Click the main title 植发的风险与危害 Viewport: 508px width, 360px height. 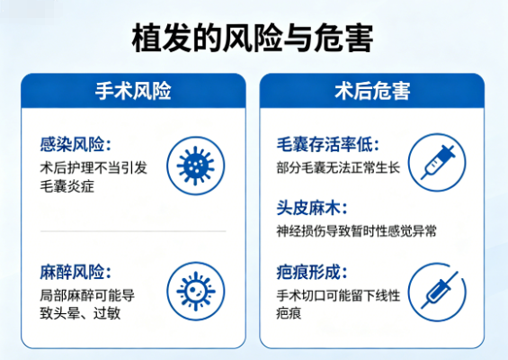pos(253,39)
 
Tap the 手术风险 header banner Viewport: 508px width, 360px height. pos(133,92)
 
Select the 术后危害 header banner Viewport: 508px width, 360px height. pos(372,92)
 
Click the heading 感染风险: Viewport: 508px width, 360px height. pos(76,144)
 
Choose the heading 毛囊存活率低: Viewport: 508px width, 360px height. pos(328,144)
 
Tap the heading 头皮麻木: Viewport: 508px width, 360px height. pos(311,208)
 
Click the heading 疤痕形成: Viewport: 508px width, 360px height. pos(311,272)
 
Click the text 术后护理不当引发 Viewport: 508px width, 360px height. pos(94,167)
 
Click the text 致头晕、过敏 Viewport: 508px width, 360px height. pos(82,313)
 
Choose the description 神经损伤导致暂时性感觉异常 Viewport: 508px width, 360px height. pos(357,231)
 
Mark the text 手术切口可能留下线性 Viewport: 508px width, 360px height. pos(339,294)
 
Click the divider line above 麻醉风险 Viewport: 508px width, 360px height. pos(133,231)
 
